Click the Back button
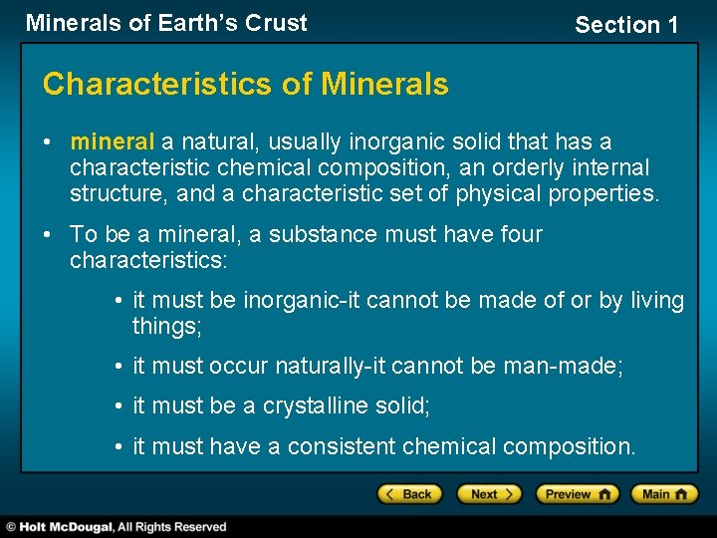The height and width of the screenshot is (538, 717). (x=405, y=494)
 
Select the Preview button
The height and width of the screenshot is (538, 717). (x=577, y=494)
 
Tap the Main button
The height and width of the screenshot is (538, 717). (x=669, y=494)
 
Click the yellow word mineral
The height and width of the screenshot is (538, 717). (x=112, y=142)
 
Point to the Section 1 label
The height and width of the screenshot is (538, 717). (x=625, y=26)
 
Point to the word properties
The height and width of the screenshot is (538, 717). (x=607, y=194)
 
